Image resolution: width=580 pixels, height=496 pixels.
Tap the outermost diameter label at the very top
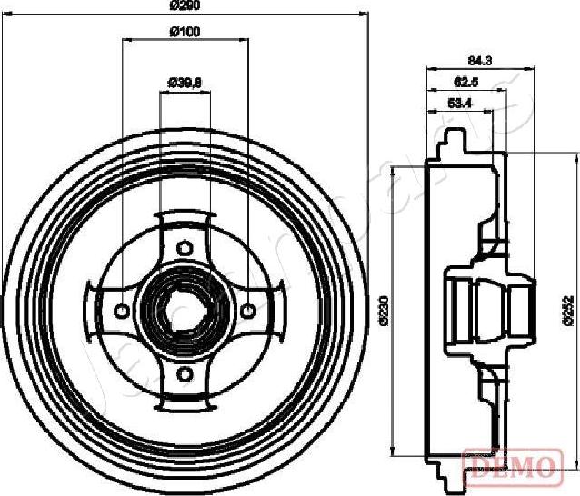point(185,5)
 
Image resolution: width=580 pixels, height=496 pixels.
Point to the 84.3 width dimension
point(479,61)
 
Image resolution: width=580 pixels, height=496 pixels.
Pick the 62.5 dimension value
point(466,82)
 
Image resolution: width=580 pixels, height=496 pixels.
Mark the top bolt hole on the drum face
point(185,247)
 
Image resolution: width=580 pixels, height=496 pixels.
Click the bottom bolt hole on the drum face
point(185,373)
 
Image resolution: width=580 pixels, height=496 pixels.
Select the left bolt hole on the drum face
point(121,311)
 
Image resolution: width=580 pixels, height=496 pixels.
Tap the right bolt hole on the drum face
point(247,311)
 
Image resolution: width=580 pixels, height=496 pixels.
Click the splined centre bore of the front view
point(185,310)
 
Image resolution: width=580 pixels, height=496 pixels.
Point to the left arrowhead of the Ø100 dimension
point(125,40)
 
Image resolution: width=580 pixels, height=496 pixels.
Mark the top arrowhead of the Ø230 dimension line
point(392,167)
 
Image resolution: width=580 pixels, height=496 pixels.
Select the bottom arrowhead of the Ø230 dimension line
point(392,453)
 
